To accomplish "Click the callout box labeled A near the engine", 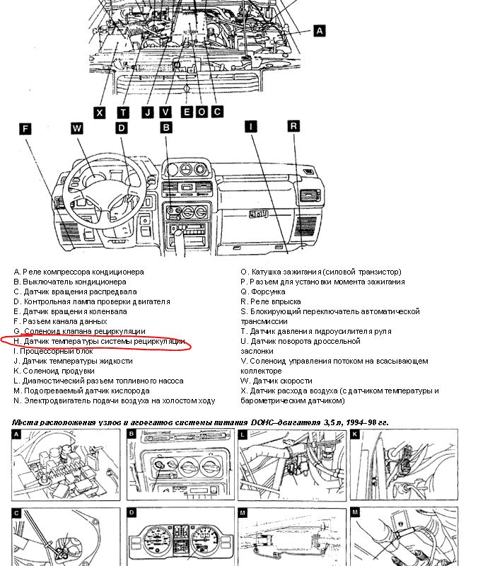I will coord(319,30).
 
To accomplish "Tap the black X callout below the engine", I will coord(100,112).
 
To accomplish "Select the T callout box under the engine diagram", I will coord(123,112).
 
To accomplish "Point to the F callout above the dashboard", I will coord(25,129).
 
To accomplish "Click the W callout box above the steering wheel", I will coord(77,128).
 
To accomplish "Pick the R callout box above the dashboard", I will coord(293,125).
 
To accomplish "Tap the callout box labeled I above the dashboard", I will coord(250,127).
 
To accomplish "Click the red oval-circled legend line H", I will coord(100,341).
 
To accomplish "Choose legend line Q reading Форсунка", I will coord(263,291).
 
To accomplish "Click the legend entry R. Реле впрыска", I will coord(270,301).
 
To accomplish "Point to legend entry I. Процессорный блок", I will coord(53,351).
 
